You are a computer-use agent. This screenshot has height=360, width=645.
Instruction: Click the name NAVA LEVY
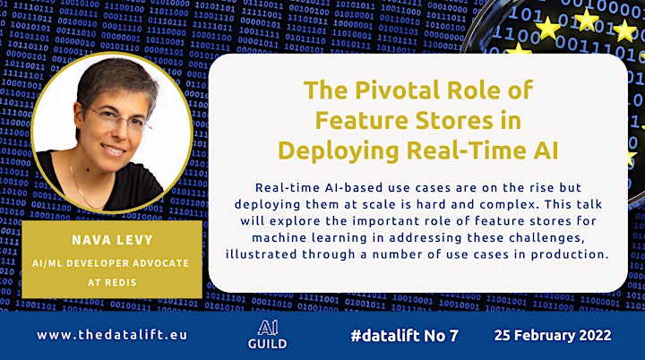112,240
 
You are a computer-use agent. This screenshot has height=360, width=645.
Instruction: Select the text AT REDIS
112,283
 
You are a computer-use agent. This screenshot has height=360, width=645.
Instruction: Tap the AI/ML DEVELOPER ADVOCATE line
111,263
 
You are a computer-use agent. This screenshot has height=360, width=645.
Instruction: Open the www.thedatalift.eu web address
112,335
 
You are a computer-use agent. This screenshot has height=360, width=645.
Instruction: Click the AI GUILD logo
267,335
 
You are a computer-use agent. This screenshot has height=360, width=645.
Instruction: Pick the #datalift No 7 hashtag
404,336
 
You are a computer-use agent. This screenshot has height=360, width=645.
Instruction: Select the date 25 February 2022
553,335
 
